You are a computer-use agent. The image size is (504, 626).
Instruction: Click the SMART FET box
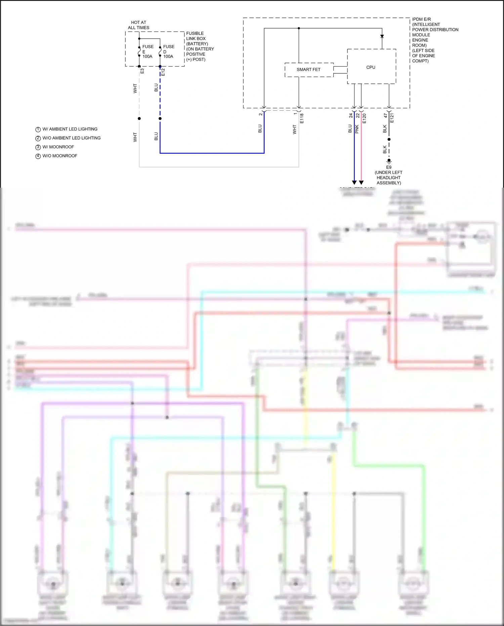click(309, 70)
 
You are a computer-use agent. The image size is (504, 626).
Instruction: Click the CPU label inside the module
click(371, 67)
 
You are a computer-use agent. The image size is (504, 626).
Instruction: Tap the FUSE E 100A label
click(148, 51)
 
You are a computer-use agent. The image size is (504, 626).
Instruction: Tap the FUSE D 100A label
click(168, 51)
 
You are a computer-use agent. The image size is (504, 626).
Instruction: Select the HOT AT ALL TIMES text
click(138, 25)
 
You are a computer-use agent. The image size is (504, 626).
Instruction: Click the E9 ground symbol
click(389, 161)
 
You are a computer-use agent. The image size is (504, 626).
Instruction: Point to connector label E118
click(302, 118)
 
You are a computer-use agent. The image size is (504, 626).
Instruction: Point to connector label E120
click(364, 118)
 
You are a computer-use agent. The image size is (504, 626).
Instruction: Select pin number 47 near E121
click(385, 115)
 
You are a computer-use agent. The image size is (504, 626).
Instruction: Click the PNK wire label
click(357, 129)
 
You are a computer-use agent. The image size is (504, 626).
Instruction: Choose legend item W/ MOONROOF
click(58, 147)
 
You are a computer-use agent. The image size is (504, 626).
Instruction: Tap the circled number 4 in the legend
click(38, 156)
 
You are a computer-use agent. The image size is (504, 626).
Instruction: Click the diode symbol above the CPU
click(382, 36)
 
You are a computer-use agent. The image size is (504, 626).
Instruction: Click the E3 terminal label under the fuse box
click(142, 71)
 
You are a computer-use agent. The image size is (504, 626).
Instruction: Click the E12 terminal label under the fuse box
click(163, 72)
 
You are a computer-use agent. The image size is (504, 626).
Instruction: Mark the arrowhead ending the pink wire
click(361, 182)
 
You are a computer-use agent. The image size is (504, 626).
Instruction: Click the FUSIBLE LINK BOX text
click(196, 36)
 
